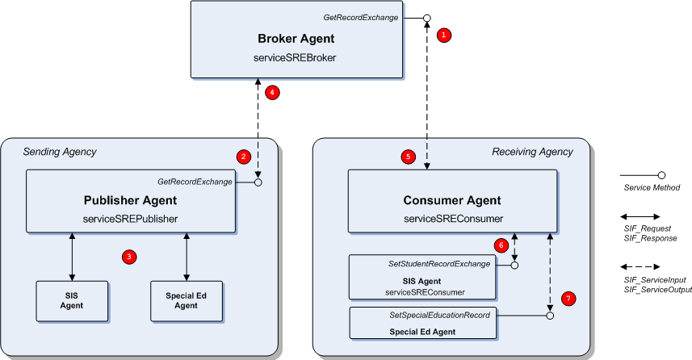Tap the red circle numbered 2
pos(243,155)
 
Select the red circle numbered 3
pos(128,257)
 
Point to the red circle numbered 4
pos(272,92)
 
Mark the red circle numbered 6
pos(501,245)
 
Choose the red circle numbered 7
pos(568,299)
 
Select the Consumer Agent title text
pos(451,200)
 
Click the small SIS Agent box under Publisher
pos(73,300)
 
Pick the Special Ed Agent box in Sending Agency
pos(186,300)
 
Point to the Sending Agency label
pos(60,151)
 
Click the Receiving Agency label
pos(533,151)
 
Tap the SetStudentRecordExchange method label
pos(434,264)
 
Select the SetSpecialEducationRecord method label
pos(434,314)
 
